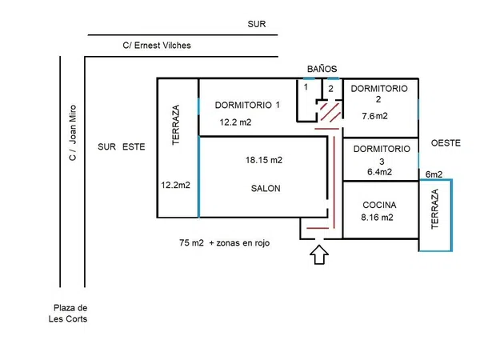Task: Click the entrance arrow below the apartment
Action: click(x=319, y=254)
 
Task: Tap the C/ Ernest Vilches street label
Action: click(x=157, y=46)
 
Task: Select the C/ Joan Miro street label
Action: click(x=73, y=133)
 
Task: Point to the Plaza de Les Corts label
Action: click(x=68, y=313)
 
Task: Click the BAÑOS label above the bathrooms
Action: click(x=322, y=69)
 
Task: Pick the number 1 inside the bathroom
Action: click(x=306, y=87)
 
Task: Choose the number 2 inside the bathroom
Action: click(x=330, y=89)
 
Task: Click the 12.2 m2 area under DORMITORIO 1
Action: click(x=235, y=122)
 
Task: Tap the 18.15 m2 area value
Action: click(x=264, y=160)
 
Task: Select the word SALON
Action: click(x=266, y=188)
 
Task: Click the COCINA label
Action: click(x=379, y=205)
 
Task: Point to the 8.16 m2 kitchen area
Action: click(x=377, y=218)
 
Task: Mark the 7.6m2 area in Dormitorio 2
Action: click(x=374, y=116)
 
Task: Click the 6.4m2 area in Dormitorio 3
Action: click(x=379, y=172)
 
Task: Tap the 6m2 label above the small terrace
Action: click(x=434, y=174)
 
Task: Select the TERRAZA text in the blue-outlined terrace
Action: click(x=435, y=209)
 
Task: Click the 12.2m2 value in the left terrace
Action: click(x=176, y=185)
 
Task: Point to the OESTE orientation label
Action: click(x=446, y=143)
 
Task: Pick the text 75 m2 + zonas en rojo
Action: click(x=224, y=242)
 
